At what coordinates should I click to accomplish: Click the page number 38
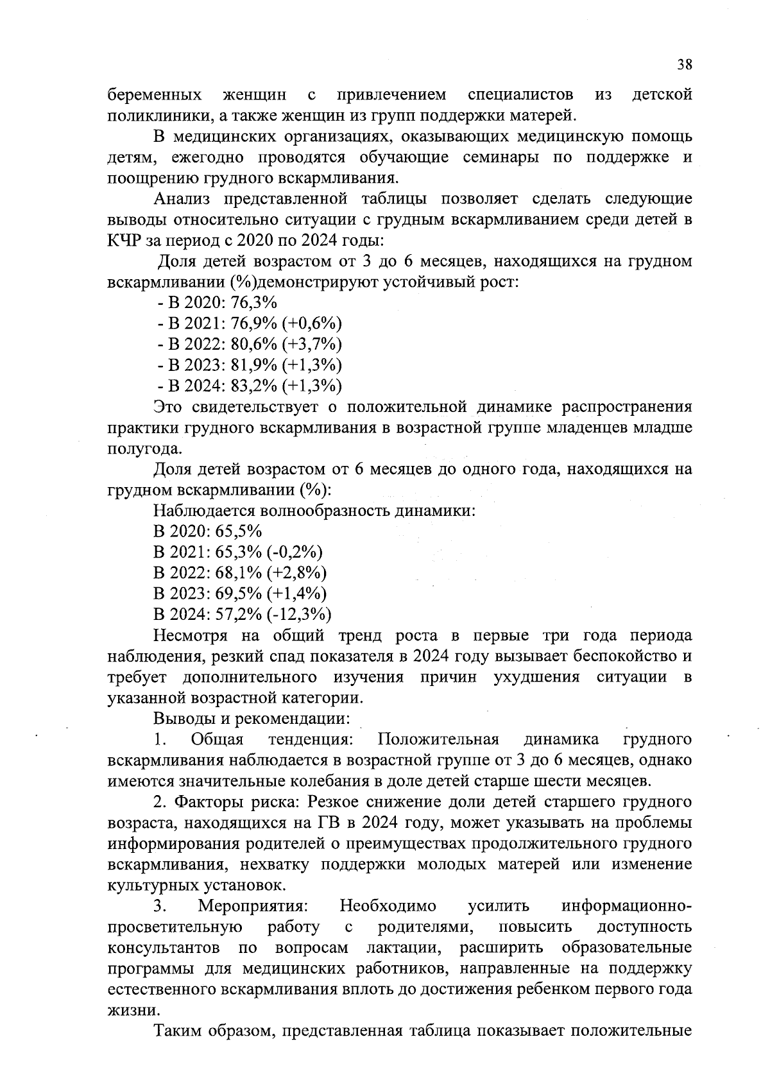click(x=685, y=64)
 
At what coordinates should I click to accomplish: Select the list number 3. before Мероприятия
click(x=160, y=906)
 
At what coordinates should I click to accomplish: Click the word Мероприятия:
click(x=253, y=906)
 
